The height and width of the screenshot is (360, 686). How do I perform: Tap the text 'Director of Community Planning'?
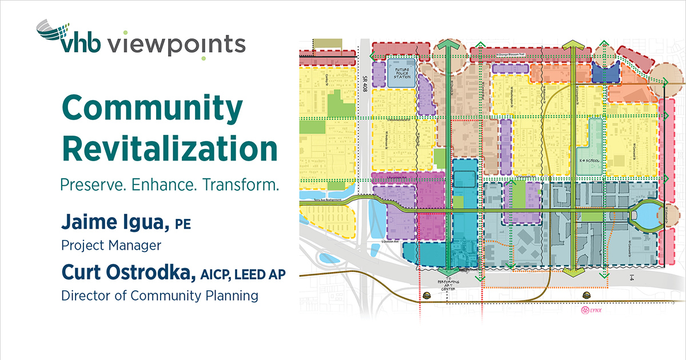tap(159, 296)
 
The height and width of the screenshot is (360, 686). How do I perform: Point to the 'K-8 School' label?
tap(589, 161)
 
